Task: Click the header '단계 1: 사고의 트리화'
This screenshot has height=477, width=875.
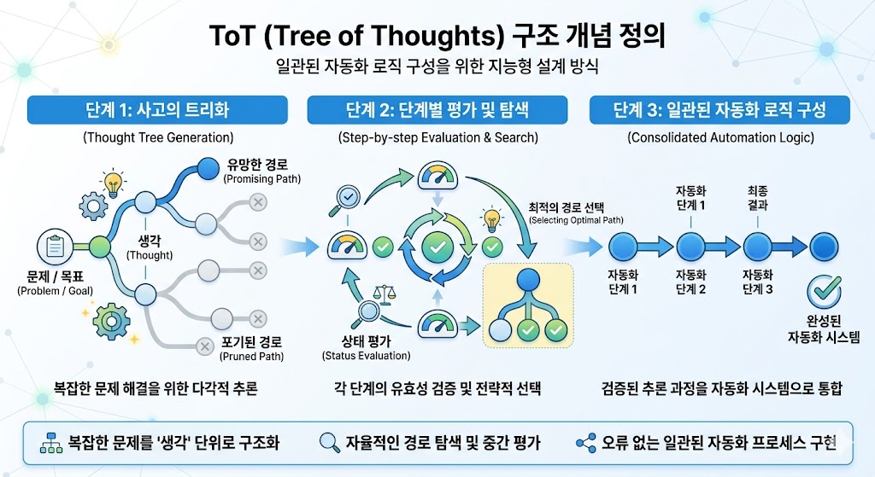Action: pyautogui.click(x=157, y=111)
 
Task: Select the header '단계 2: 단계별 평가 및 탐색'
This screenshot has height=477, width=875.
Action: pyautogui.click(x=437, y=111)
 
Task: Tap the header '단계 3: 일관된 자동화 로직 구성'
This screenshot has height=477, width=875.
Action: pyautogui.click(x=719, y=111)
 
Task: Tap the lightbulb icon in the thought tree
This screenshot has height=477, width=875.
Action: pyautogui.click(x=112, y=183)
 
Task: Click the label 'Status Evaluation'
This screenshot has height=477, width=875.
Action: pyautogui.click(x=366, y=356)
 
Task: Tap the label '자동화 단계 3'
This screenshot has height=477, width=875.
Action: pyautogui.click(x=757, y=282)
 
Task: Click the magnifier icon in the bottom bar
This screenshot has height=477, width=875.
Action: pyautogui.click(x=328, y=442)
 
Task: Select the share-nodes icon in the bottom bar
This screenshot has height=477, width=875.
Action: pyautogui.click(x=585, y=442)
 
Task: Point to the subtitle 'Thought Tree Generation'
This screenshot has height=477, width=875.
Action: pyautogui.click(x=157, y=137)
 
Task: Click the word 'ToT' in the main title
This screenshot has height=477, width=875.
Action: pyautogui.click(x=232, y=37)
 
